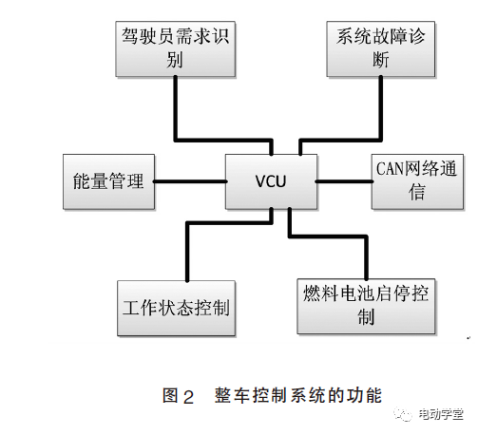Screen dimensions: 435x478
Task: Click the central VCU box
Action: click(270, 180)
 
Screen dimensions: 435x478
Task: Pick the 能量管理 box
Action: click(108, 180)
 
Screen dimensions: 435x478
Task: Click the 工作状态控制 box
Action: click(176, 308)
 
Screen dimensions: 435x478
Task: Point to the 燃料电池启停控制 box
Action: click(365, 304)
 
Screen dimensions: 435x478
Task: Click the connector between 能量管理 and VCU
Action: click(190, 180)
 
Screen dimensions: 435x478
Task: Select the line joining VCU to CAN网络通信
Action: click(343, 180)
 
